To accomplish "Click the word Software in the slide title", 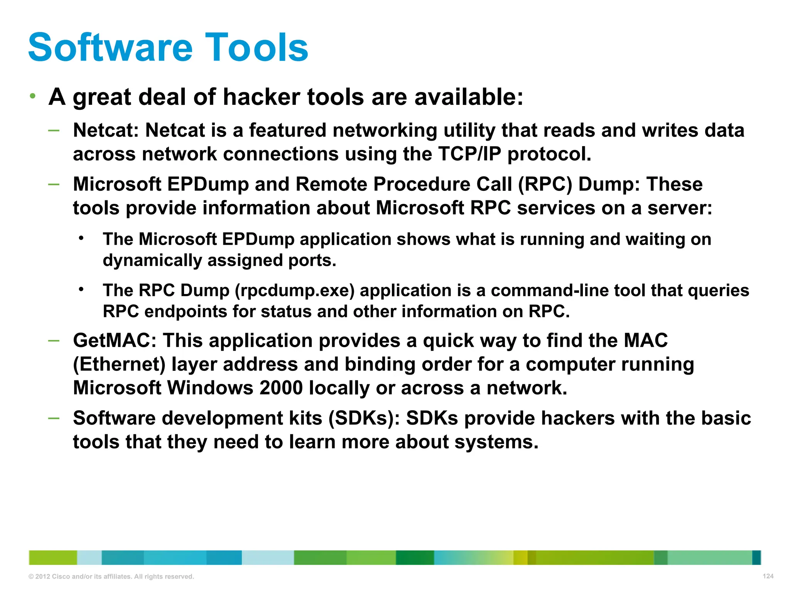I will pos(110,47).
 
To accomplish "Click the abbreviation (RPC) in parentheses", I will pos(545,184).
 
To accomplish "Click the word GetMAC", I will pos(115,341).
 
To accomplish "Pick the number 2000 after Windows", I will pos(281,388).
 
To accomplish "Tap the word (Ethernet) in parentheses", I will pos(119,365).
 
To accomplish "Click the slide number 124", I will pos(768,576).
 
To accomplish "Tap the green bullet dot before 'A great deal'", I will pos(33,96).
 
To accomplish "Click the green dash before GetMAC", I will pos(54,340).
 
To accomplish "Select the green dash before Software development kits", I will pos(54,418).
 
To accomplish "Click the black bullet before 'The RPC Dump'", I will pos(81,289).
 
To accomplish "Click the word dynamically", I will pos(152,261).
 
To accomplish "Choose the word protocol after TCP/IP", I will pos(549,154).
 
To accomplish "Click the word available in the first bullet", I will pos(468,97).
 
